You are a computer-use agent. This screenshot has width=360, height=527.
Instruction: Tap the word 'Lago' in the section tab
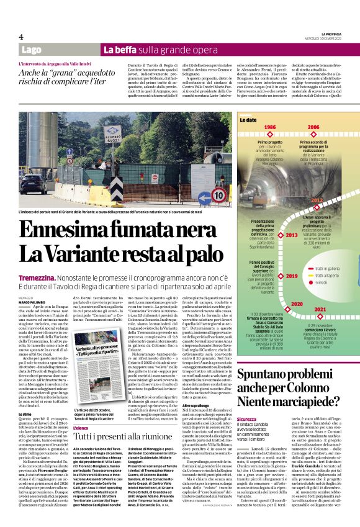pyautogui.click(x=31, y=49)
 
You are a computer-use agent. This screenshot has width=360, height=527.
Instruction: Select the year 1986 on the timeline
pyautogui.click(x=270, y=127)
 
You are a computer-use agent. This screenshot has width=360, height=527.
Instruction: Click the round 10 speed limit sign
pyautogui.click(x=218, y=194)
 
